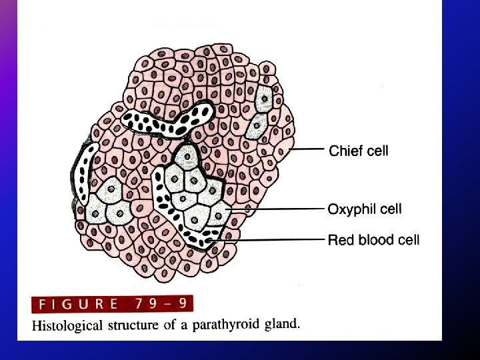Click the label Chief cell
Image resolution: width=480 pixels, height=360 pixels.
pos(359,151)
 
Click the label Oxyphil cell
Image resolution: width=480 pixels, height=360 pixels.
pos(365,209)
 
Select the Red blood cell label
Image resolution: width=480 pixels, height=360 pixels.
pos(373,239)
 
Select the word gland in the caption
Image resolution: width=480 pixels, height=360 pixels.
pos(283,325)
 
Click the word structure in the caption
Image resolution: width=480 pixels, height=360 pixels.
pos(131,325)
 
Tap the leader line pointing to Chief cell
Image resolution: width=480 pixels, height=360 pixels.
pos(307,151)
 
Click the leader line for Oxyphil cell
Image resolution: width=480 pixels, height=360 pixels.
pos(280,209)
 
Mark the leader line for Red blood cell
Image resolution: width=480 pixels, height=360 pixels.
pos(273,239)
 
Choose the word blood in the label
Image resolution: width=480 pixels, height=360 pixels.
pos(373,239)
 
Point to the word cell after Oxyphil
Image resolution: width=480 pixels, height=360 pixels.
pos(391,209)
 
